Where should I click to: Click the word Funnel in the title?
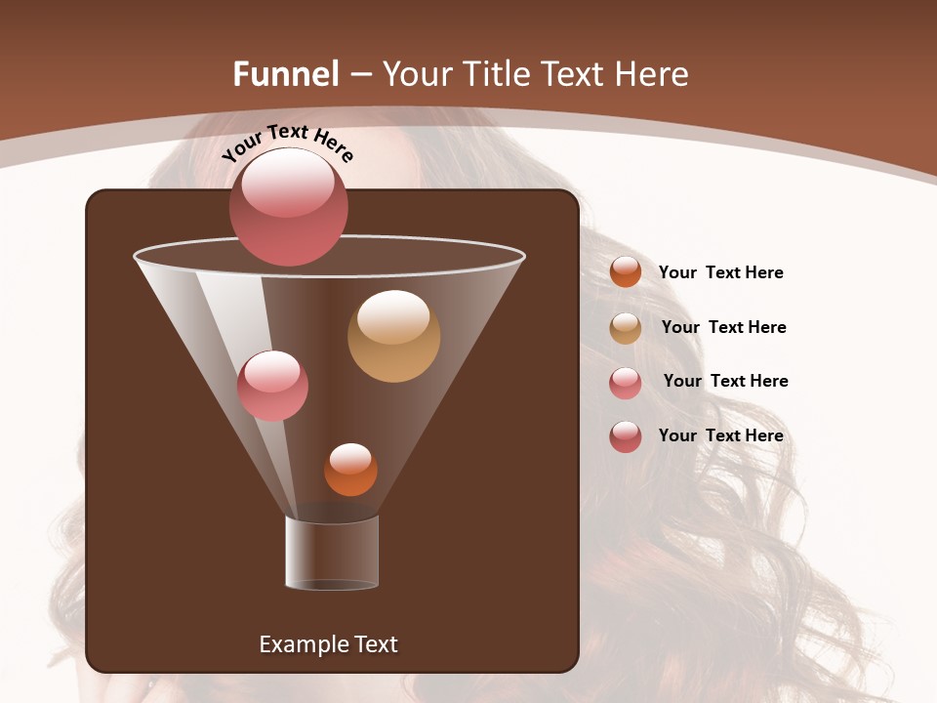click(285, 74)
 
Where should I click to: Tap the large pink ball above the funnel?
click(289, 207)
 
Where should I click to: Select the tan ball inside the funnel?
click(393, 336)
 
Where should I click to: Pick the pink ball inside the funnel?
click(272, 386)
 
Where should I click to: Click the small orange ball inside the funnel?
click(350, 470)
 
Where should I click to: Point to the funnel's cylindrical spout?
click(332, 553)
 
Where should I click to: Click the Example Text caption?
click(328, 644)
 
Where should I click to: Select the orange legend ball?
click(626, 271)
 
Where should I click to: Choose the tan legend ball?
click(626, 328)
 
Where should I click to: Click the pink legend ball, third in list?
click(626, 383)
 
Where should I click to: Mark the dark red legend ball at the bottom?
click(626, 436)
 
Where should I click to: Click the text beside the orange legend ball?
click(720, 272)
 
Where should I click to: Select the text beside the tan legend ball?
click(723, 327)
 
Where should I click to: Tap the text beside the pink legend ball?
click(725, 381)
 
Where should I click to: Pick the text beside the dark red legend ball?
click(720, 435)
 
